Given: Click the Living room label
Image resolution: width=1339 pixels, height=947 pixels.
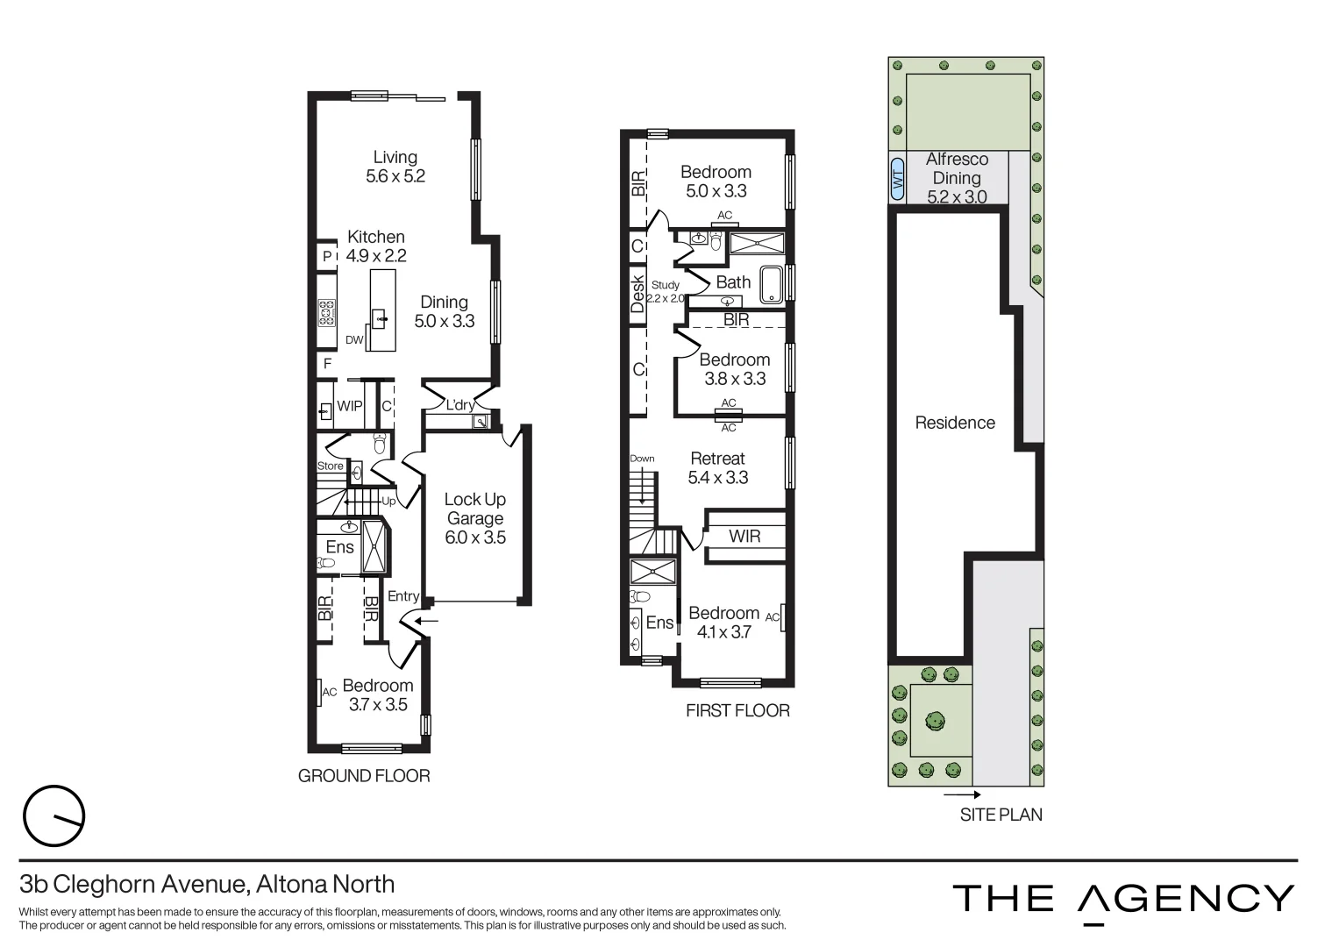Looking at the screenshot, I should [x=395, y=167].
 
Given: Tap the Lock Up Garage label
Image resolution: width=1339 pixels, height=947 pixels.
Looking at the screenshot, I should [x=474, y=518].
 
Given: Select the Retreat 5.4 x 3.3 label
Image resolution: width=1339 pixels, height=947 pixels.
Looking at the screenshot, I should [x=717, y=468].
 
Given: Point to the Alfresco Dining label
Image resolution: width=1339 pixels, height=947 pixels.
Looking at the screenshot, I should [x=956, y=177].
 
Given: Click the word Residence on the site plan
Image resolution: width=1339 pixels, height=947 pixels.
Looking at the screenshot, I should [x=955, y=423].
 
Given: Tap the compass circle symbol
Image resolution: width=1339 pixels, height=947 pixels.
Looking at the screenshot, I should [x=54, y=816].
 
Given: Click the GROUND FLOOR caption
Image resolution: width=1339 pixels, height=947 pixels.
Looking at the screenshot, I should [x=364, y=776].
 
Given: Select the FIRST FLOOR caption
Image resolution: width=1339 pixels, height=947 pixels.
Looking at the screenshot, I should [x=737, y=711].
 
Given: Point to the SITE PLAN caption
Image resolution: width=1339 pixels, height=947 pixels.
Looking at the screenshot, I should [x=1001, y=815].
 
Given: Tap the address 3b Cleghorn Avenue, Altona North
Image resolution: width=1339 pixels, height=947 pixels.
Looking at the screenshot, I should [x=207, y=884].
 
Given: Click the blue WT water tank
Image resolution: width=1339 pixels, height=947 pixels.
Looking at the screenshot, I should [x=897, y=179].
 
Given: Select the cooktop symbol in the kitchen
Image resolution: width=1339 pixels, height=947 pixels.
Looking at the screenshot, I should [x=326, y=313].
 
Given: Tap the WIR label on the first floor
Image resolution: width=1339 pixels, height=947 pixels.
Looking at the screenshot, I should [x=744, y=536].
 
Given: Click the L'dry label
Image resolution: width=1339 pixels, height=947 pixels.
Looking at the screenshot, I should [x=459, y=405].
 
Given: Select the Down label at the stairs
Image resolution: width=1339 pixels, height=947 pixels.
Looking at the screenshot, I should [x=642, y=459].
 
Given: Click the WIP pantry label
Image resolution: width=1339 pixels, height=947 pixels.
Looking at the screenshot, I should [x=350, y=407].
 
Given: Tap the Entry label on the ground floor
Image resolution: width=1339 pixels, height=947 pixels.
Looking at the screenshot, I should [x=403, y=596].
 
